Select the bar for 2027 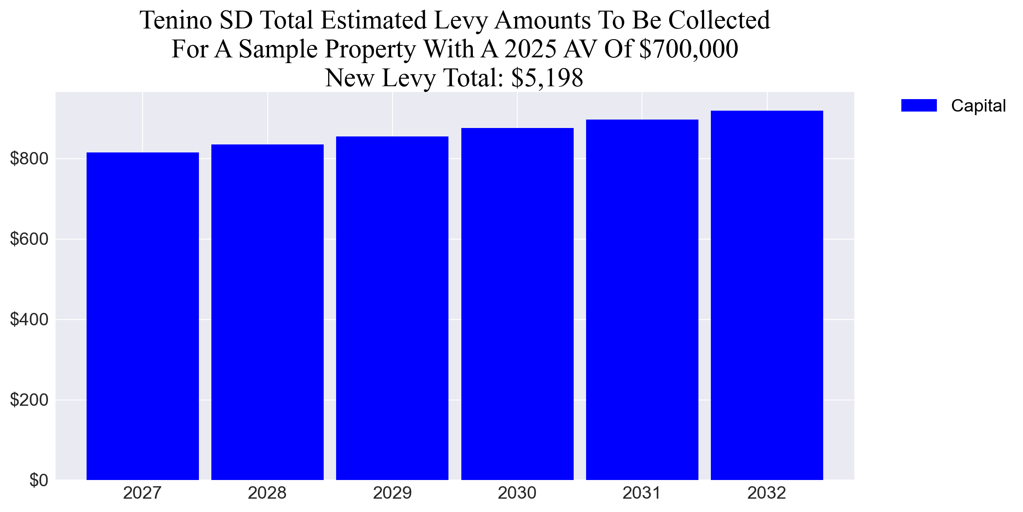tap(143, 316)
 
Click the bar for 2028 tap(267, 312)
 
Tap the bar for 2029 tap(392, 308)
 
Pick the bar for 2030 tap(517, 304)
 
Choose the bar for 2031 tap(642, 300)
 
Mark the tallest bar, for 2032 tap(767, 295)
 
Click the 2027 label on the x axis tap(143, 493)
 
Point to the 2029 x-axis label tap(392, 493)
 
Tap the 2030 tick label tap(517, 493)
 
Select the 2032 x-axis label tap(767, 493)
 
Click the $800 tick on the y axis tap(29, 159)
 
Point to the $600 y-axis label tap(29, 239)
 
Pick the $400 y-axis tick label tap(29, 320)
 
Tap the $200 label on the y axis tap(29, 400)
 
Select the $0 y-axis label tap(39, 480)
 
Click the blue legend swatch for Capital tap(919, 105)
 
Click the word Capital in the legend tap(978, 106)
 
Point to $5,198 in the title tap(547, 78)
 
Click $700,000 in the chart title tap(688, 49)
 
